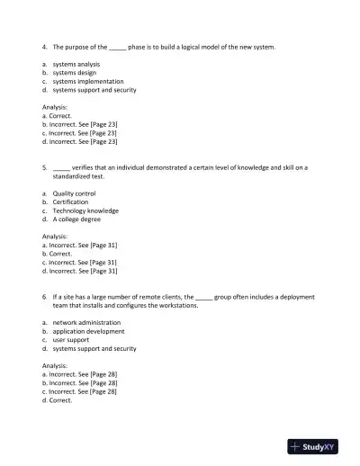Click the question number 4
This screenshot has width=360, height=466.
coord(44,46)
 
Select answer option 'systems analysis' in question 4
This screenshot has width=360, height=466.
coord(76,65)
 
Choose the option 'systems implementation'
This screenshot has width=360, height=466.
coord(88,82)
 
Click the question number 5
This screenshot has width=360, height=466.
coord(44,167)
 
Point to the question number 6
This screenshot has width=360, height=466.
coord(44,296)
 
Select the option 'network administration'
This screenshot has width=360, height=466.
coord(86,322)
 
